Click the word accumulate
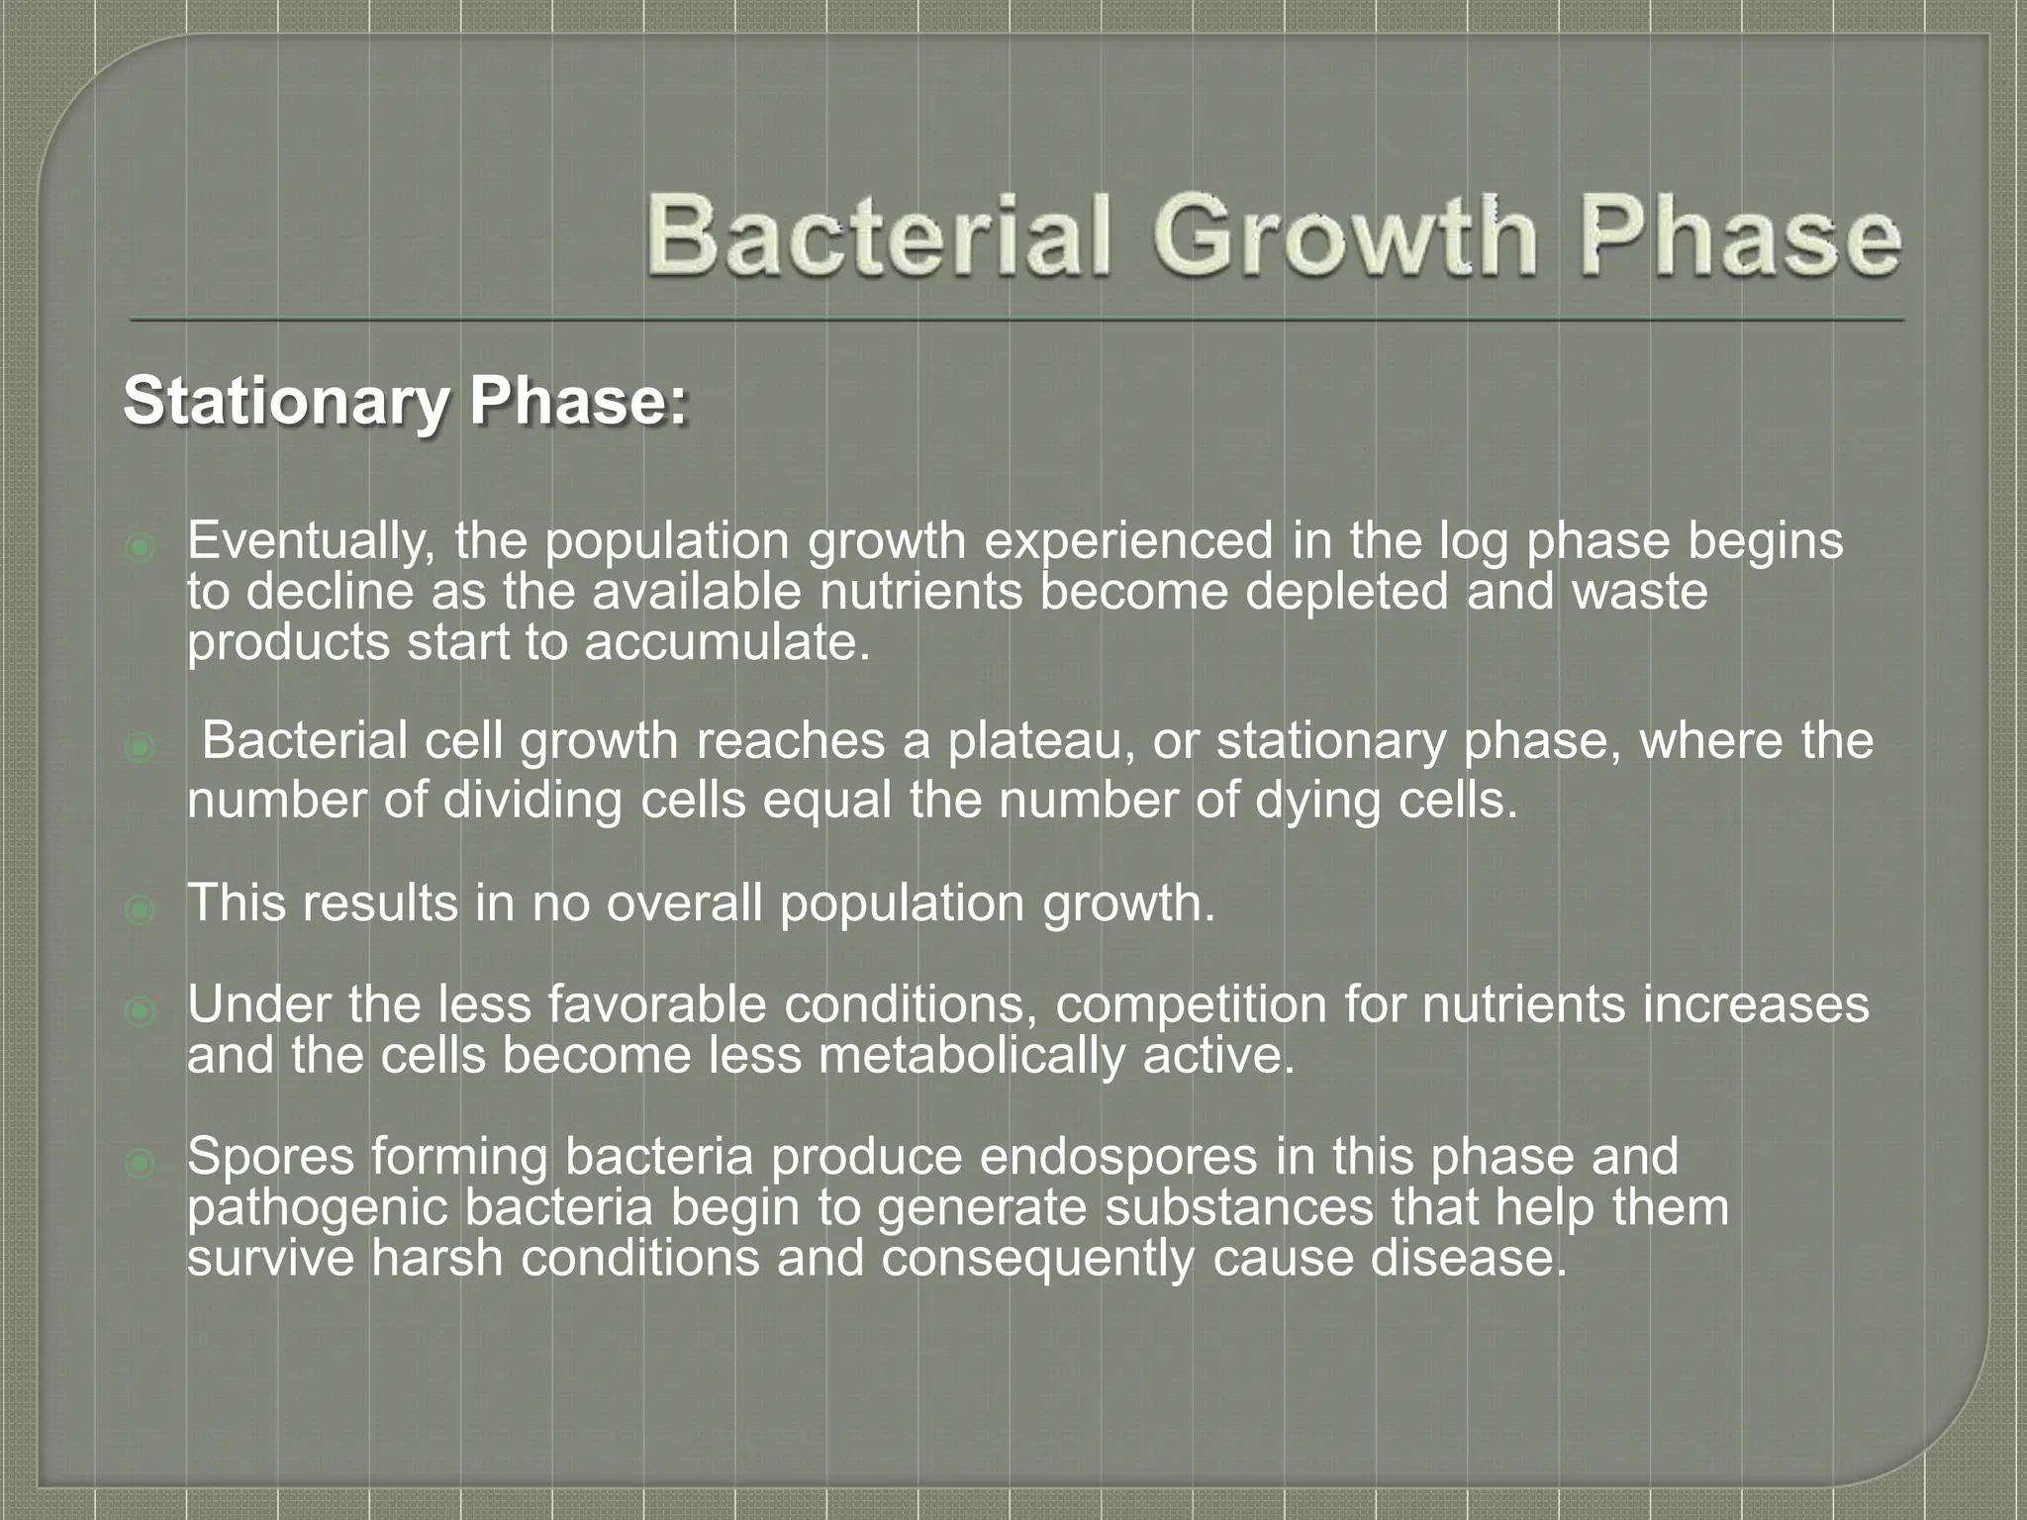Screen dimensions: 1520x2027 726,643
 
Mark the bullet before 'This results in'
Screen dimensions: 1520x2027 141,908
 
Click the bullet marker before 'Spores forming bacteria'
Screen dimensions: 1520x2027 141,1164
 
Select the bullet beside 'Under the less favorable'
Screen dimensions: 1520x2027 141,1011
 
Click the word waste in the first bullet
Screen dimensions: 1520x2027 1640,592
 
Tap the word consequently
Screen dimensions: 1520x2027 1037,1259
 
